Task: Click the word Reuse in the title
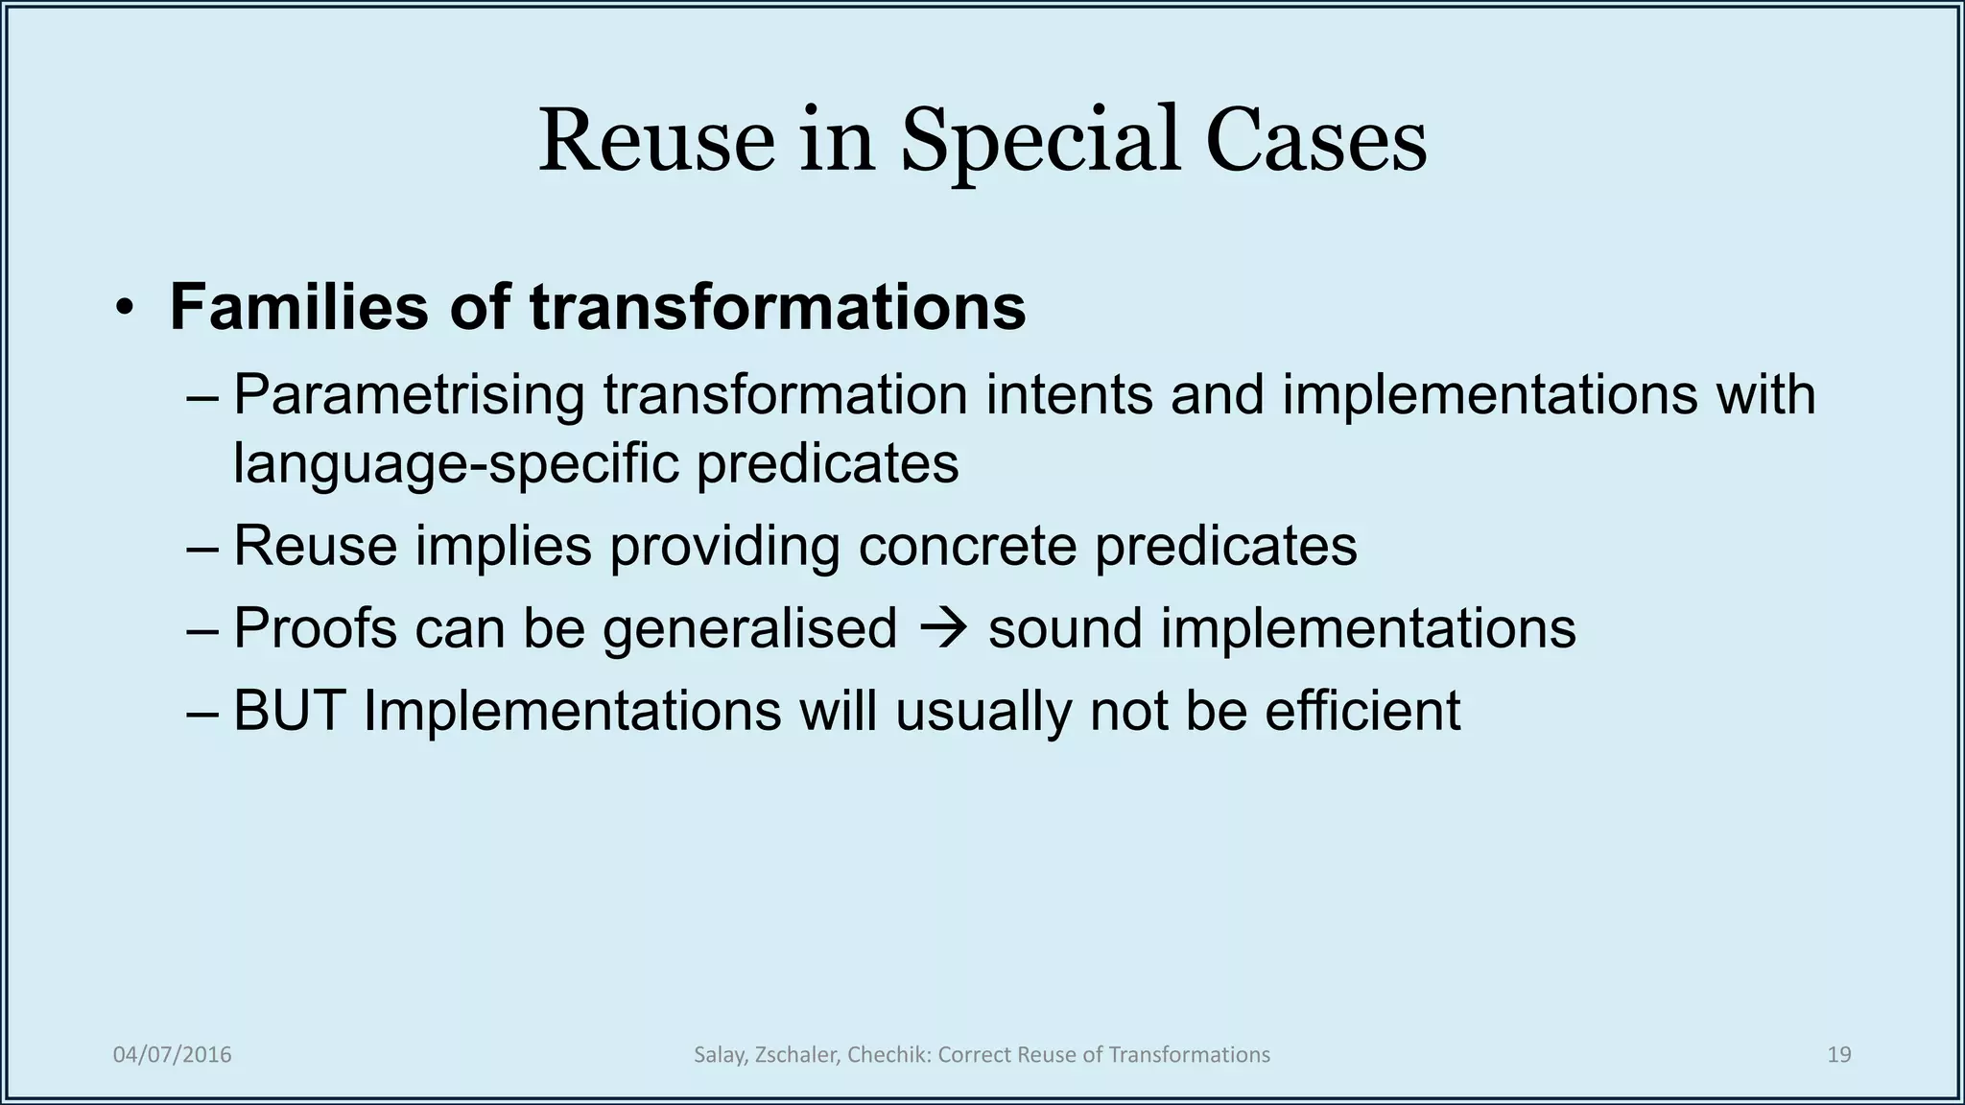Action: click(656, 141)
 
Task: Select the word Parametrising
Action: click(409, 394)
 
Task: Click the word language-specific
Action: click(456, 463)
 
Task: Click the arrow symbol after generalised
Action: click(942, 629)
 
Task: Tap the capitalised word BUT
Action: click(289, 711)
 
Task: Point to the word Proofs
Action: click(315, 629)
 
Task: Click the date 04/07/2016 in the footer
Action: click(173, 1055)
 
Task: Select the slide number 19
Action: click(1838, 1055)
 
